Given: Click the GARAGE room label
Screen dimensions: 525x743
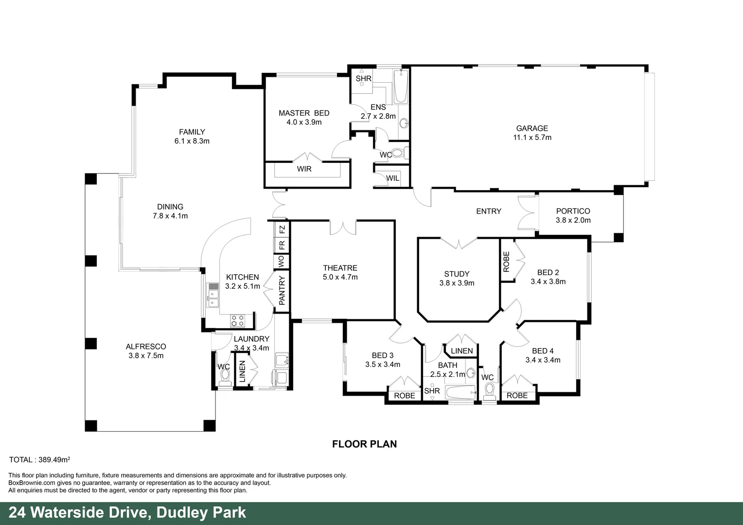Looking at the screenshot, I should click(531, 128).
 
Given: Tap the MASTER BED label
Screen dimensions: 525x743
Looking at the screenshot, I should click(304, 113).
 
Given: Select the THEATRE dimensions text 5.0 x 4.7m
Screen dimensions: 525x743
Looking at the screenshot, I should click(340, 277).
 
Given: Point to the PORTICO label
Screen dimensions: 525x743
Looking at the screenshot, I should click(573, 211).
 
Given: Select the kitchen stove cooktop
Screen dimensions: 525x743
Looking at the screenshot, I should click(237, 320).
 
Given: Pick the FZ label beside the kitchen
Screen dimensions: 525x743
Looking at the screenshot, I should click(282, 228).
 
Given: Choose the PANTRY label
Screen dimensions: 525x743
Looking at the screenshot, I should click(282, 291).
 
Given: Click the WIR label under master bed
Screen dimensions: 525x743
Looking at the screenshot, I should click(304, 169).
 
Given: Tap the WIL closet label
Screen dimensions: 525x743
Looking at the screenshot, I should click(392, 178).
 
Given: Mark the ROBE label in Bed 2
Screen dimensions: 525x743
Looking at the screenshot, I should click(506, 262).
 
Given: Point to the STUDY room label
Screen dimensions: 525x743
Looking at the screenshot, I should click(457, 274).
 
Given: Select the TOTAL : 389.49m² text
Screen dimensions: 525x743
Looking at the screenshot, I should click(40, 459).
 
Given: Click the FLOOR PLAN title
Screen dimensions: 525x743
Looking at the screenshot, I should click(364, 444).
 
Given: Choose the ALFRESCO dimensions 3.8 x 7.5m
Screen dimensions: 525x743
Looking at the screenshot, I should click(145, 355).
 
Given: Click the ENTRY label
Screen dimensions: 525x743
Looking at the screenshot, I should click(488, 211).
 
